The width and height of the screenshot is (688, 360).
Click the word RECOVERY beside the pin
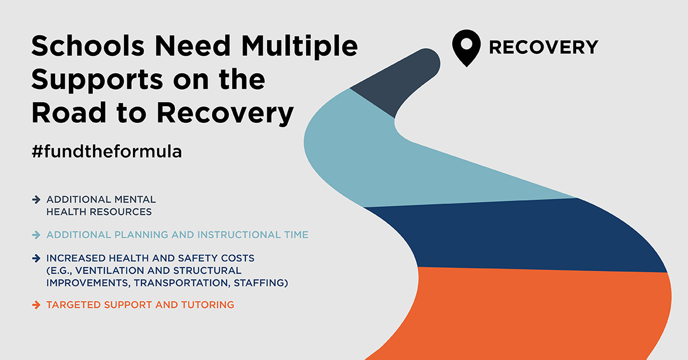[543, 47]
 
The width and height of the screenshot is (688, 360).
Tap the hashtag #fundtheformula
[107, 152]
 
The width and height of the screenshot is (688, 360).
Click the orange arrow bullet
[37, 305]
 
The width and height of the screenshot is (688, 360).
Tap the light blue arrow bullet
[37, 235]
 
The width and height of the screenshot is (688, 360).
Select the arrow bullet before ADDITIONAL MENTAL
[37, 199]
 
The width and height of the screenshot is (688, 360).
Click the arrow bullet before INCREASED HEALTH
[37, 259]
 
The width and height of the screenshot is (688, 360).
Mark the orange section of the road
[545, 315]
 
